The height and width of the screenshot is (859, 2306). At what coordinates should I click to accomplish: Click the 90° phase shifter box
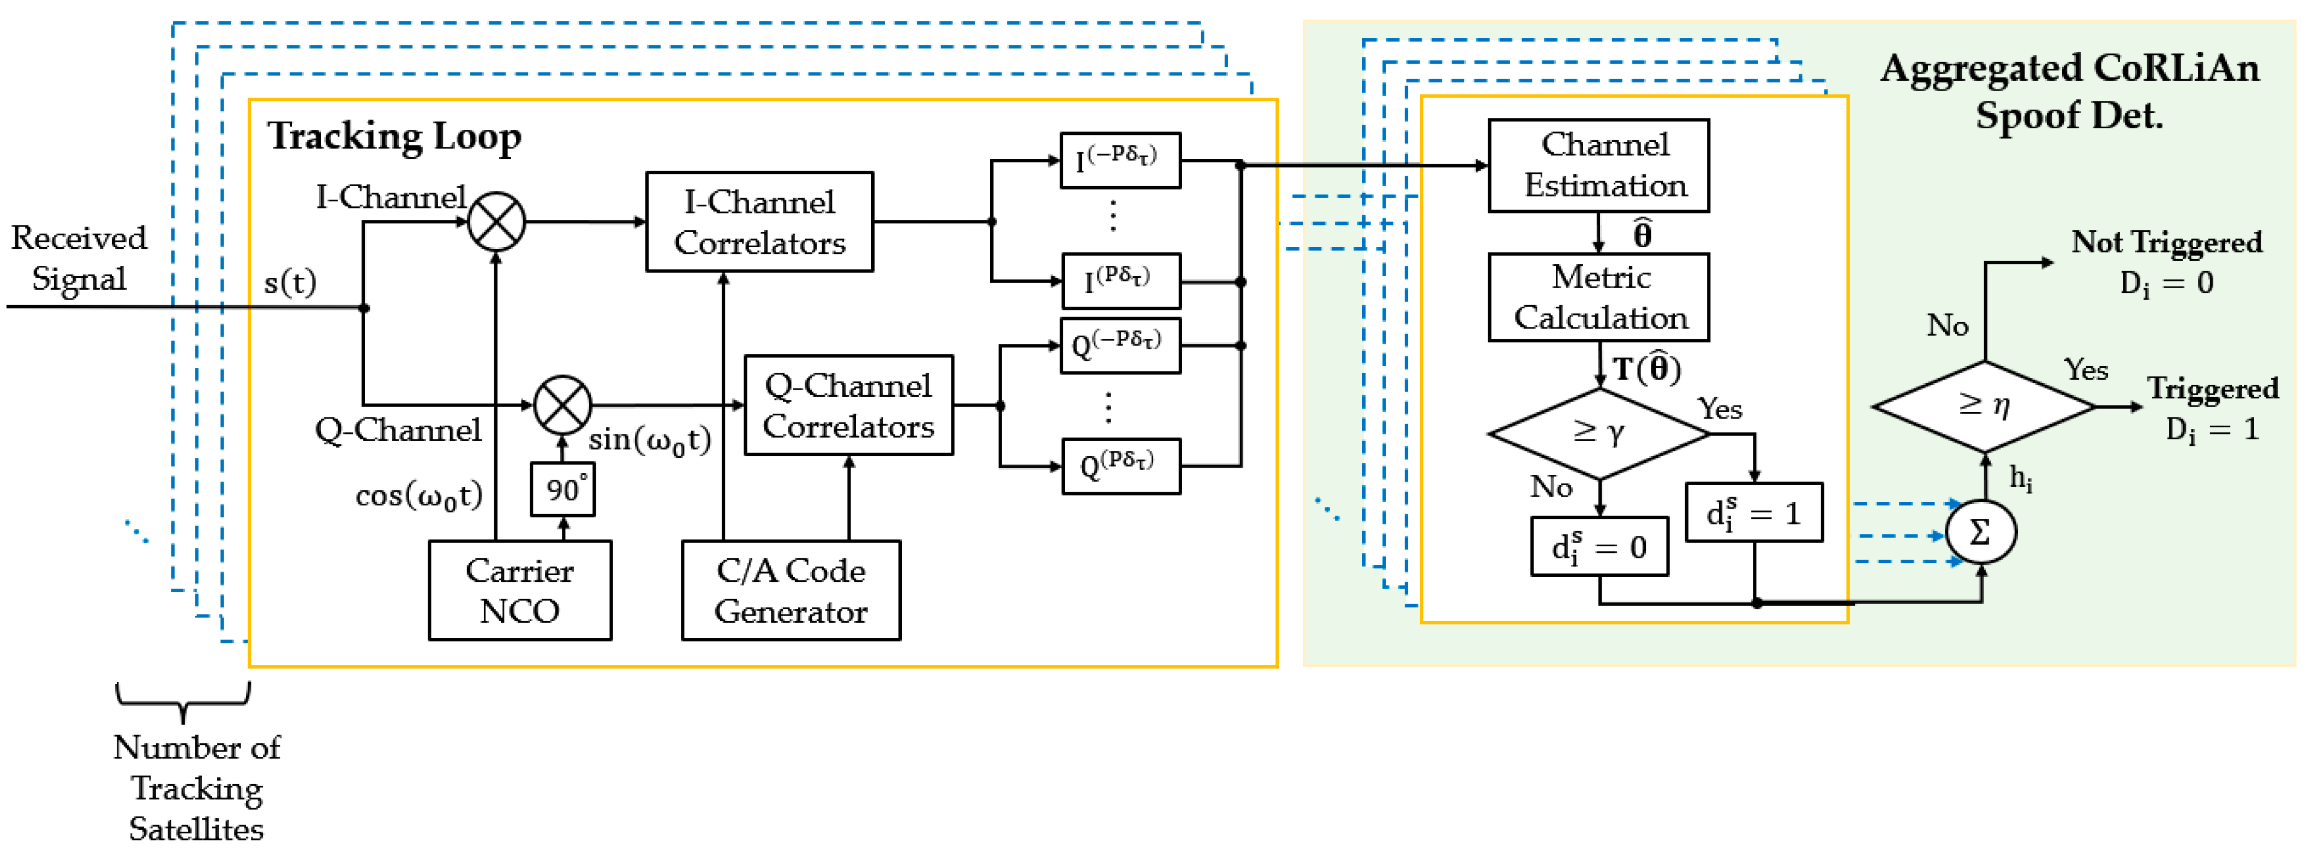[562, 489]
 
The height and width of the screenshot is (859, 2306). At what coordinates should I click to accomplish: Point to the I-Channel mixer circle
[496, 221]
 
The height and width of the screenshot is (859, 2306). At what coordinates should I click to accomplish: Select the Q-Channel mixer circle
[562, 405]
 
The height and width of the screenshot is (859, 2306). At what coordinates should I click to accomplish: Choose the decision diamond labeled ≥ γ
[1599, 433]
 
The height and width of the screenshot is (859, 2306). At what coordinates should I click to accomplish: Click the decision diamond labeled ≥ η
[1984, 406]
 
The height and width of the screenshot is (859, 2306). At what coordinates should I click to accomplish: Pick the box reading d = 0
[1599, 546]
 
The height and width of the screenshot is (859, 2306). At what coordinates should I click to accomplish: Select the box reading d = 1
[1754, 512]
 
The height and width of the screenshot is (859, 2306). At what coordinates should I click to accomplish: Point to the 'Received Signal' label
[79, 258]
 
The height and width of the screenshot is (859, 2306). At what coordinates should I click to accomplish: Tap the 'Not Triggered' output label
[2166, 242]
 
